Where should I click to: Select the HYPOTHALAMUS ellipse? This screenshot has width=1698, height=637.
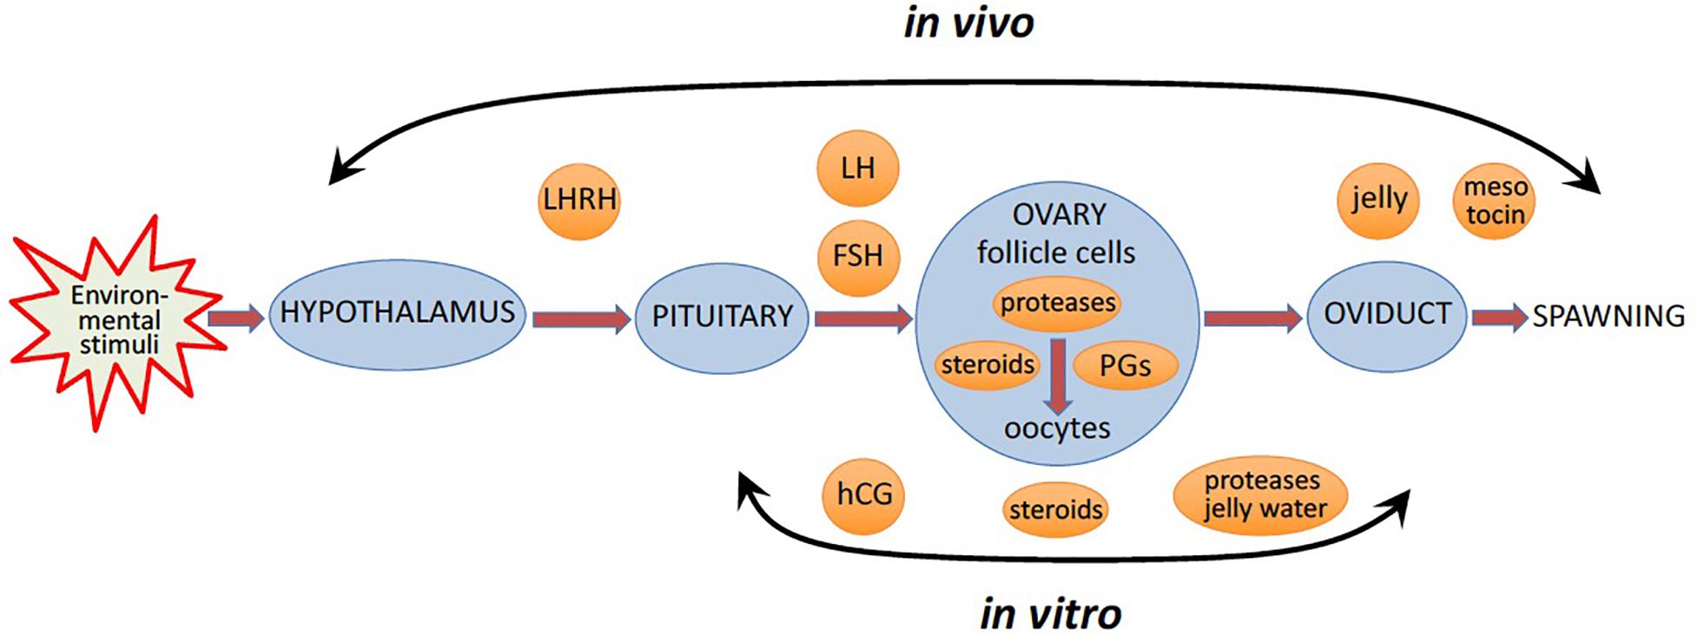[x=397, y=313]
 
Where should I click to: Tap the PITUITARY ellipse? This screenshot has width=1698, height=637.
[x=722, y=316]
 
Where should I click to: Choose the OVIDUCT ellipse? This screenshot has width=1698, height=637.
[x=1386, y=314]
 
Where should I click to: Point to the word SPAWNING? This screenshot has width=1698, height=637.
[x=1608, y=316]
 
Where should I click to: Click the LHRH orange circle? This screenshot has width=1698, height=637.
[x=579, y=200]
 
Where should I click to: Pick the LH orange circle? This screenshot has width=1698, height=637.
[x=857, y=168]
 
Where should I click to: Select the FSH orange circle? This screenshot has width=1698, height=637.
[x=857, y=256]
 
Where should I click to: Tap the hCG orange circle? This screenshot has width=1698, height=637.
[x=864, y=494]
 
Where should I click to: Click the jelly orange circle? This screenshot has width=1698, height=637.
[x=1378, y=200]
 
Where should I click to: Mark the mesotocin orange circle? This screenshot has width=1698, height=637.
[x=1494, y=201]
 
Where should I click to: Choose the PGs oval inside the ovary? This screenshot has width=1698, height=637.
[x=1125, y=366]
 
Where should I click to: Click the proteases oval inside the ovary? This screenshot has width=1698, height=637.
[x=1057, y=303]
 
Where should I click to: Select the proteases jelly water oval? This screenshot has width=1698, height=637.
[x=1261, y=494]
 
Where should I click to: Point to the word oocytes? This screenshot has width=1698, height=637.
[x=1056, y=428]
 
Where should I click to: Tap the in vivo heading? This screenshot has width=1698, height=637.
[x=968, y=23]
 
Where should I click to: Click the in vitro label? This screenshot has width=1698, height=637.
[x=1050, y=614]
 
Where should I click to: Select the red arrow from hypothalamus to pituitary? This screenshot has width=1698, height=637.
[x=580, y=320]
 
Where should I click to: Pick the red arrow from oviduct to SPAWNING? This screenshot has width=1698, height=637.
[x=1499, y=317]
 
